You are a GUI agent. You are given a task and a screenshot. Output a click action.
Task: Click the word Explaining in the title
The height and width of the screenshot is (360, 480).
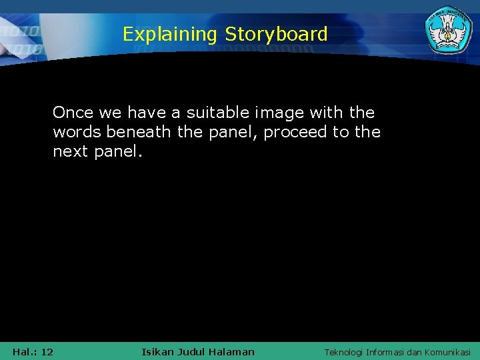coord(169,34)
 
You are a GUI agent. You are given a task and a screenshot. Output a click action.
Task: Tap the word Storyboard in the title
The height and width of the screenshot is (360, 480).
coord(276,34)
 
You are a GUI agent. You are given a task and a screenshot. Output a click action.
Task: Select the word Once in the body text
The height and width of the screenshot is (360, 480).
coord(73,113)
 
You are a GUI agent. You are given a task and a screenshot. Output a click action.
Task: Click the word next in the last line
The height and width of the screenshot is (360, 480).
coord(71,152)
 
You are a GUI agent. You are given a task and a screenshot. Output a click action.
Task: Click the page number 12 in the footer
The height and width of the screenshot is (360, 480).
coord(47,351)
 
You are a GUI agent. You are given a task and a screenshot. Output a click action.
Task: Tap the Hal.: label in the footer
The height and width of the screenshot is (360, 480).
coord(25,351)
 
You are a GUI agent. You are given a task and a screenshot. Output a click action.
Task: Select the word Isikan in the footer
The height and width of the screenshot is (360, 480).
coord(158,351)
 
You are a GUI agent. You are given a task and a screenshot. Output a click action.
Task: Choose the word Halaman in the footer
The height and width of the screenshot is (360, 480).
coord(231,351)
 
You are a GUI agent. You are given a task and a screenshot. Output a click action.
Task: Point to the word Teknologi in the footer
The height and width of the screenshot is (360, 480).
coord(343,352)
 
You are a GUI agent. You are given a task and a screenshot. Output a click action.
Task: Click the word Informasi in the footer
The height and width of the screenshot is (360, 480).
coord(389,352)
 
